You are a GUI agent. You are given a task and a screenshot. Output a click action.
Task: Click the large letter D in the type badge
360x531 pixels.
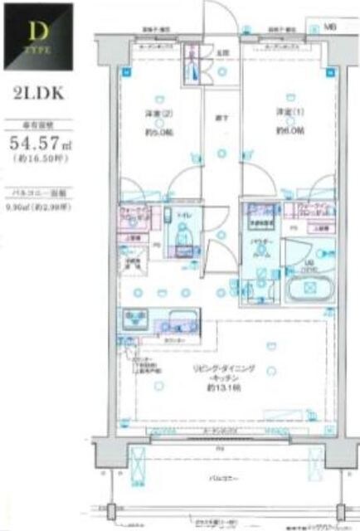pyautogui.click(x=37, y=33)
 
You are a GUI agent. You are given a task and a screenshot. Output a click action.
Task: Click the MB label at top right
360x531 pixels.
pyautogui.click(x=328, y=28)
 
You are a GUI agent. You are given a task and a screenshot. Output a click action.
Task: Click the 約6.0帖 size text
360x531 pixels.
pyautogui.click(x=289, y=130)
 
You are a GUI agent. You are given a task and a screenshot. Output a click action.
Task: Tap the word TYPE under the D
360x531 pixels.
pyautogui.click(x=37, y=51)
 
